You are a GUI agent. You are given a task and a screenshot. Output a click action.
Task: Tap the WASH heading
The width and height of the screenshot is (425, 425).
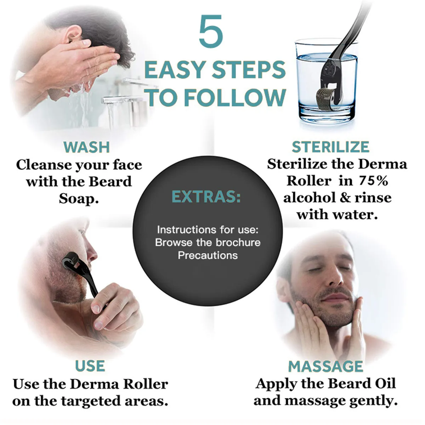[x=86, y=147]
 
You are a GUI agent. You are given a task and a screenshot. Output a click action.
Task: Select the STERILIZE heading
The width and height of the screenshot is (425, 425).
[x=330, y=147]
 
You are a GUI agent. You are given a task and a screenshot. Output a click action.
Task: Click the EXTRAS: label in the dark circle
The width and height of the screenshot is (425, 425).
[x=206, y=197]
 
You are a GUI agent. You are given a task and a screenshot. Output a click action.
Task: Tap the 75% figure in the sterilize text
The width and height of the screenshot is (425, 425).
[x=373, y=181]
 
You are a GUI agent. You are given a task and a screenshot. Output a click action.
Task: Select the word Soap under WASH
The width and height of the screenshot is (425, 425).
[x=79, y=198]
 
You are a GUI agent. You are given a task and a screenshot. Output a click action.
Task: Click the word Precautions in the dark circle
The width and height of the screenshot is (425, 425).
[x=208, y=255]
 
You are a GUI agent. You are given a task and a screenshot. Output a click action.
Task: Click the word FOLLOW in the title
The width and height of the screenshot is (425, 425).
[x=235, y=97]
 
